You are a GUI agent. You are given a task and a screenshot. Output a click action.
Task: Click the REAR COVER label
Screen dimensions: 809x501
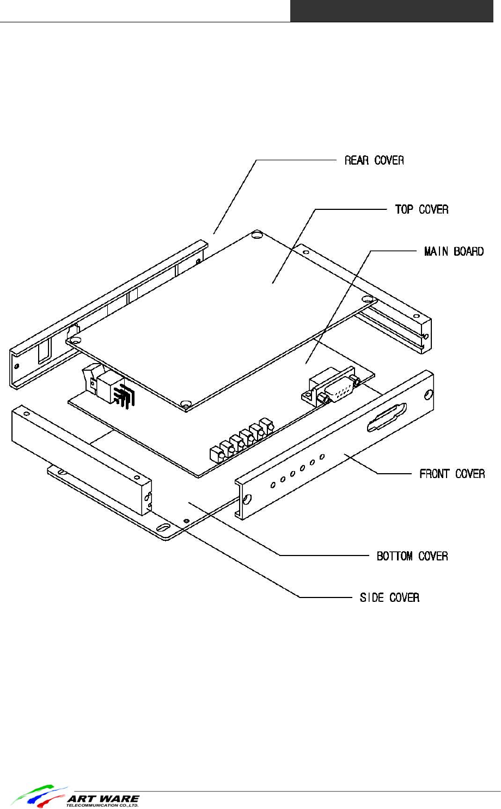(x=374, y=160)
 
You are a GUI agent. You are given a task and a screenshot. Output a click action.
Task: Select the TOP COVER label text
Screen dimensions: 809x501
(x=421, y=209)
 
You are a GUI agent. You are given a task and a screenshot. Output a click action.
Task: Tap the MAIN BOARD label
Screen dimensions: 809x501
(x=454, y=251)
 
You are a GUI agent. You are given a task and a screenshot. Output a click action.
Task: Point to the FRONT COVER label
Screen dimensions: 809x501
(x=451, y=474)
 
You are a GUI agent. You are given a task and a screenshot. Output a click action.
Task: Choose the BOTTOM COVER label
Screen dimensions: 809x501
(x=412, y=556)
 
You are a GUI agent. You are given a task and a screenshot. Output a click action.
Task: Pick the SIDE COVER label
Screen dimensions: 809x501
(x=389, y=598)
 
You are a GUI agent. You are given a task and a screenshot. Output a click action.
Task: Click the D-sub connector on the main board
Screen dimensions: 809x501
(x=333, y=388)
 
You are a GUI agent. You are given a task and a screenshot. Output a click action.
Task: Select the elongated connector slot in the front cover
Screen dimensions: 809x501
(x=387, y=418)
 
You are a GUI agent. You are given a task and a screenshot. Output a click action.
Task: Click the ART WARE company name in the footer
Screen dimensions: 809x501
(x=103, y=799)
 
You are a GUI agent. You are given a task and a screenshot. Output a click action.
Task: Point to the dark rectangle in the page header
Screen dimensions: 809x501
(x=392, y=11)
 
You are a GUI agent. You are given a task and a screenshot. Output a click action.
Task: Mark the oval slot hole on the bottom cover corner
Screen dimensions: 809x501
(x=163, y=528)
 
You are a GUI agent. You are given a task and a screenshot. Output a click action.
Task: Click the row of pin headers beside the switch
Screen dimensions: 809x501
(x=124, y=396)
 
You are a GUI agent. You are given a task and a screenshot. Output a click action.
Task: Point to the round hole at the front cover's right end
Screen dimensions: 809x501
(x=429, y=394)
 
